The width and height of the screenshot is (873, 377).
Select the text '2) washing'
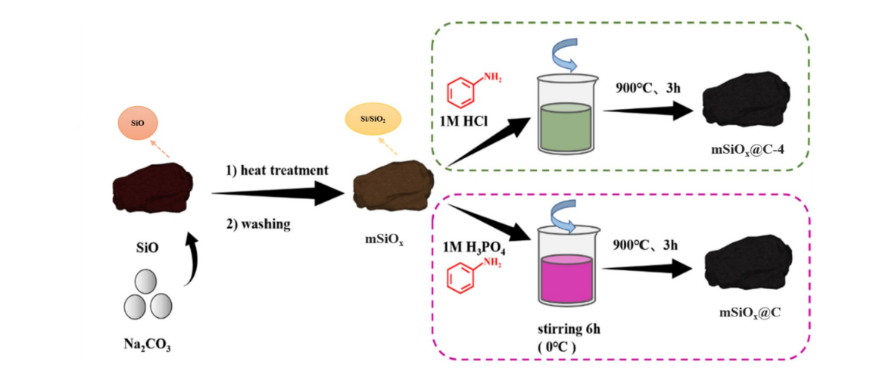coord(258,224)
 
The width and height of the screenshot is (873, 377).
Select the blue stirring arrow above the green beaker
coord(566,54)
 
